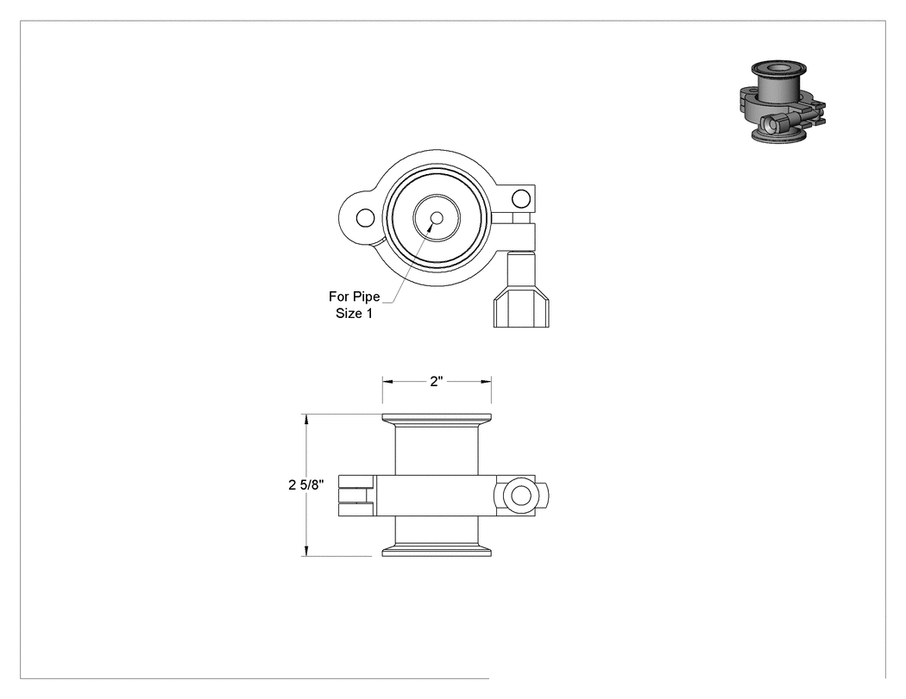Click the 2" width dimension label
click(x=437, y=382)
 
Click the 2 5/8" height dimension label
click(x=306, y=485)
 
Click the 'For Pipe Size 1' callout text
click(x=354, y=305)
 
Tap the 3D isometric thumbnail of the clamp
click(x=783, y=102)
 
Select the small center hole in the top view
click(x=437, y=218)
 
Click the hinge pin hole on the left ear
click(x=365, y=219)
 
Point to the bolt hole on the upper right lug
click(x=520, y=198)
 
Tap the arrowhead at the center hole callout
click(x=430, y=228)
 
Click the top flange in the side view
click(x=437, y=419)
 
